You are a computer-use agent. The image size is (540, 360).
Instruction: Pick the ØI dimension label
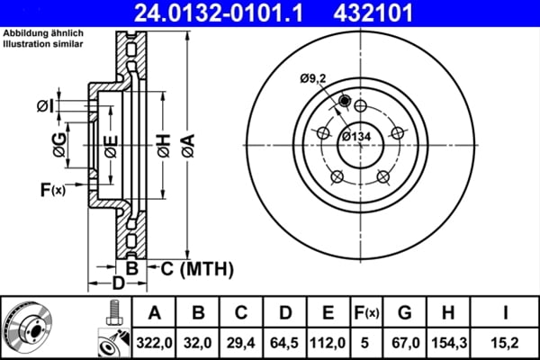pos(46,106)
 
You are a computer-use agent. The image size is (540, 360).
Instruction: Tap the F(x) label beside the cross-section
pos(52,189)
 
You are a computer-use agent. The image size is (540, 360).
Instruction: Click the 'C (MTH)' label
pos(194,267)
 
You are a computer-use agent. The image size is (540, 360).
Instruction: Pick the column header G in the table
pos(404,312)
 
